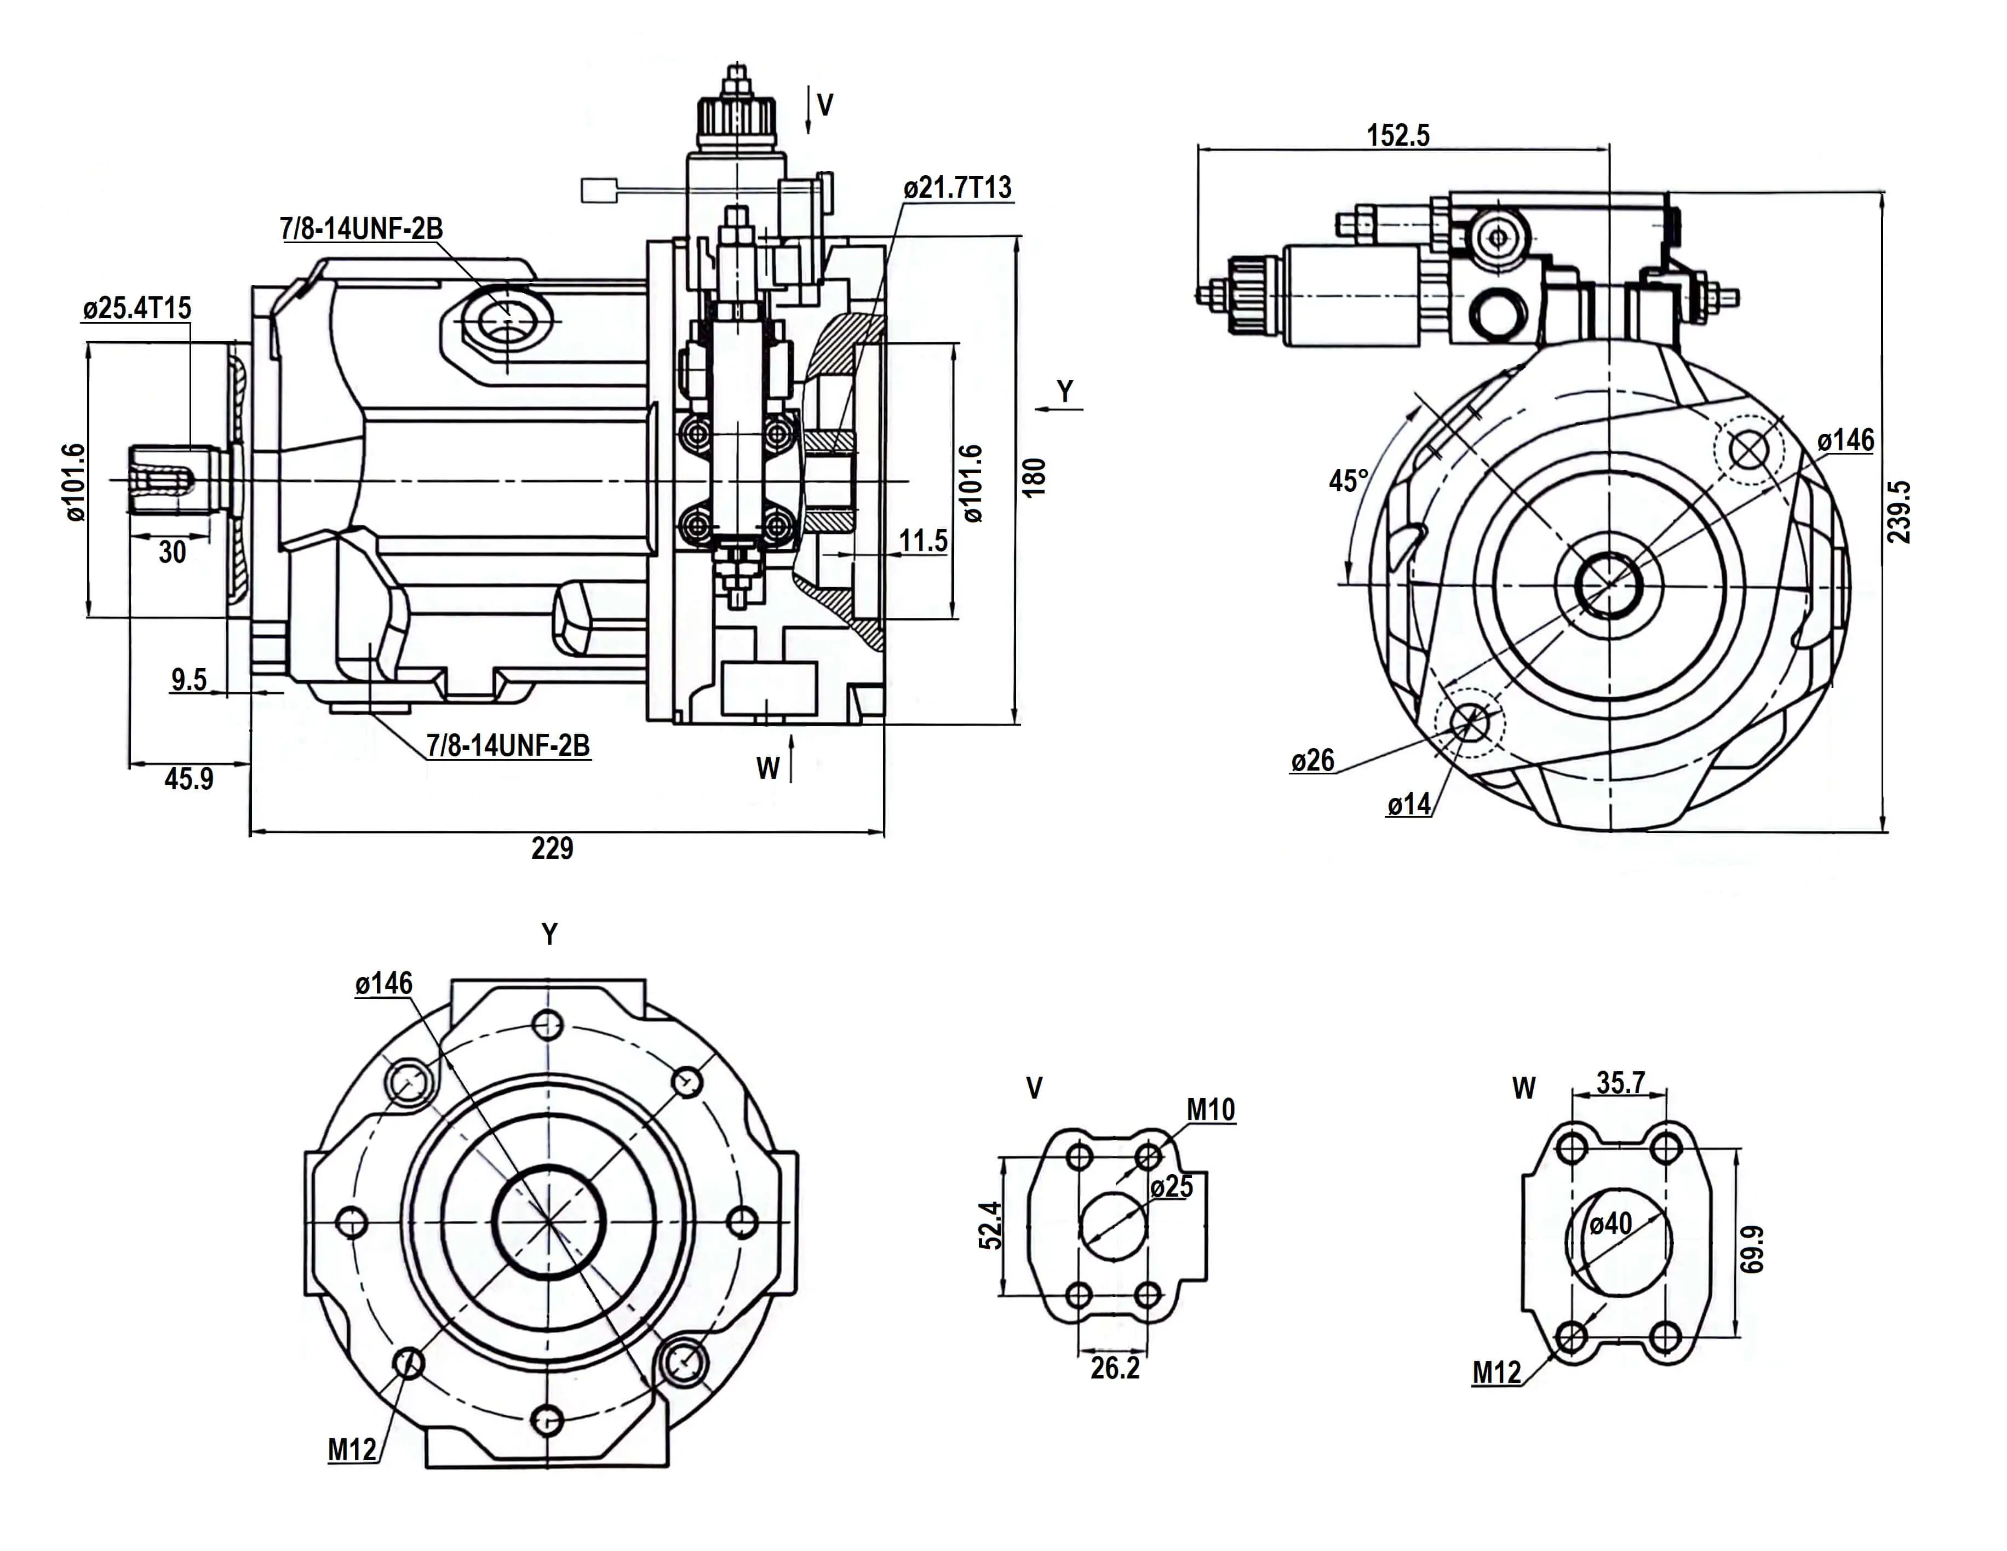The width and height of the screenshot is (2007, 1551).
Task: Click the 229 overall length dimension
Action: pyautogui.click(x=552, y=847)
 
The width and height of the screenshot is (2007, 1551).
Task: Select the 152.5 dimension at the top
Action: pyautogui.click(x=1398, y=135)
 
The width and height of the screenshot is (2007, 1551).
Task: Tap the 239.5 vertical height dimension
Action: pyautogui.click(x=1899, y=512)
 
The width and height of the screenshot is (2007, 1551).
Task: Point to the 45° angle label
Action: pyautogui.click(x=1348, y=480)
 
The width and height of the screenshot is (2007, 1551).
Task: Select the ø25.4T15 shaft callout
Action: pyautogui.click(x=137, y=308)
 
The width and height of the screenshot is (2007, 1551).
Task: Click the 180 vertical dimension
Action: pyautogui.click(x=1035, y=477)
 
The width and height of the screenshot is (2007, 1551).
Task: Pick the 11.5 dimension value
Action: pyautogui.click(x=922, y=541)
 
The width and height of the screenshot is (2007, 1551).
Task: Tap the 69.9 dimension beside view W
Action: pyautogui.click(x=1752, y=1249)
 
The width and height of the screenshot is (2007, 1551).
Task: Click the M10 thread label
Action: pyautogui.click(x=1210, y=1110)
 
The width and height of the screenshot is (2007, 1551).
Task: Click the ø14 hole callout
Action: pyautogui.click(x=1409, y=805)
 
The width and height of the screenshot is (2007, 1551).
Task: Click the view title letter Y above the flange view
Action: pyautogui.click(x=549, y=934)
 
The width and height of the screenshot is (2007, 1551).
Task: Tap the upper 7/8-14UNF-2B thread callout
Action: pyautogui.click(x=361, y=228)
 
